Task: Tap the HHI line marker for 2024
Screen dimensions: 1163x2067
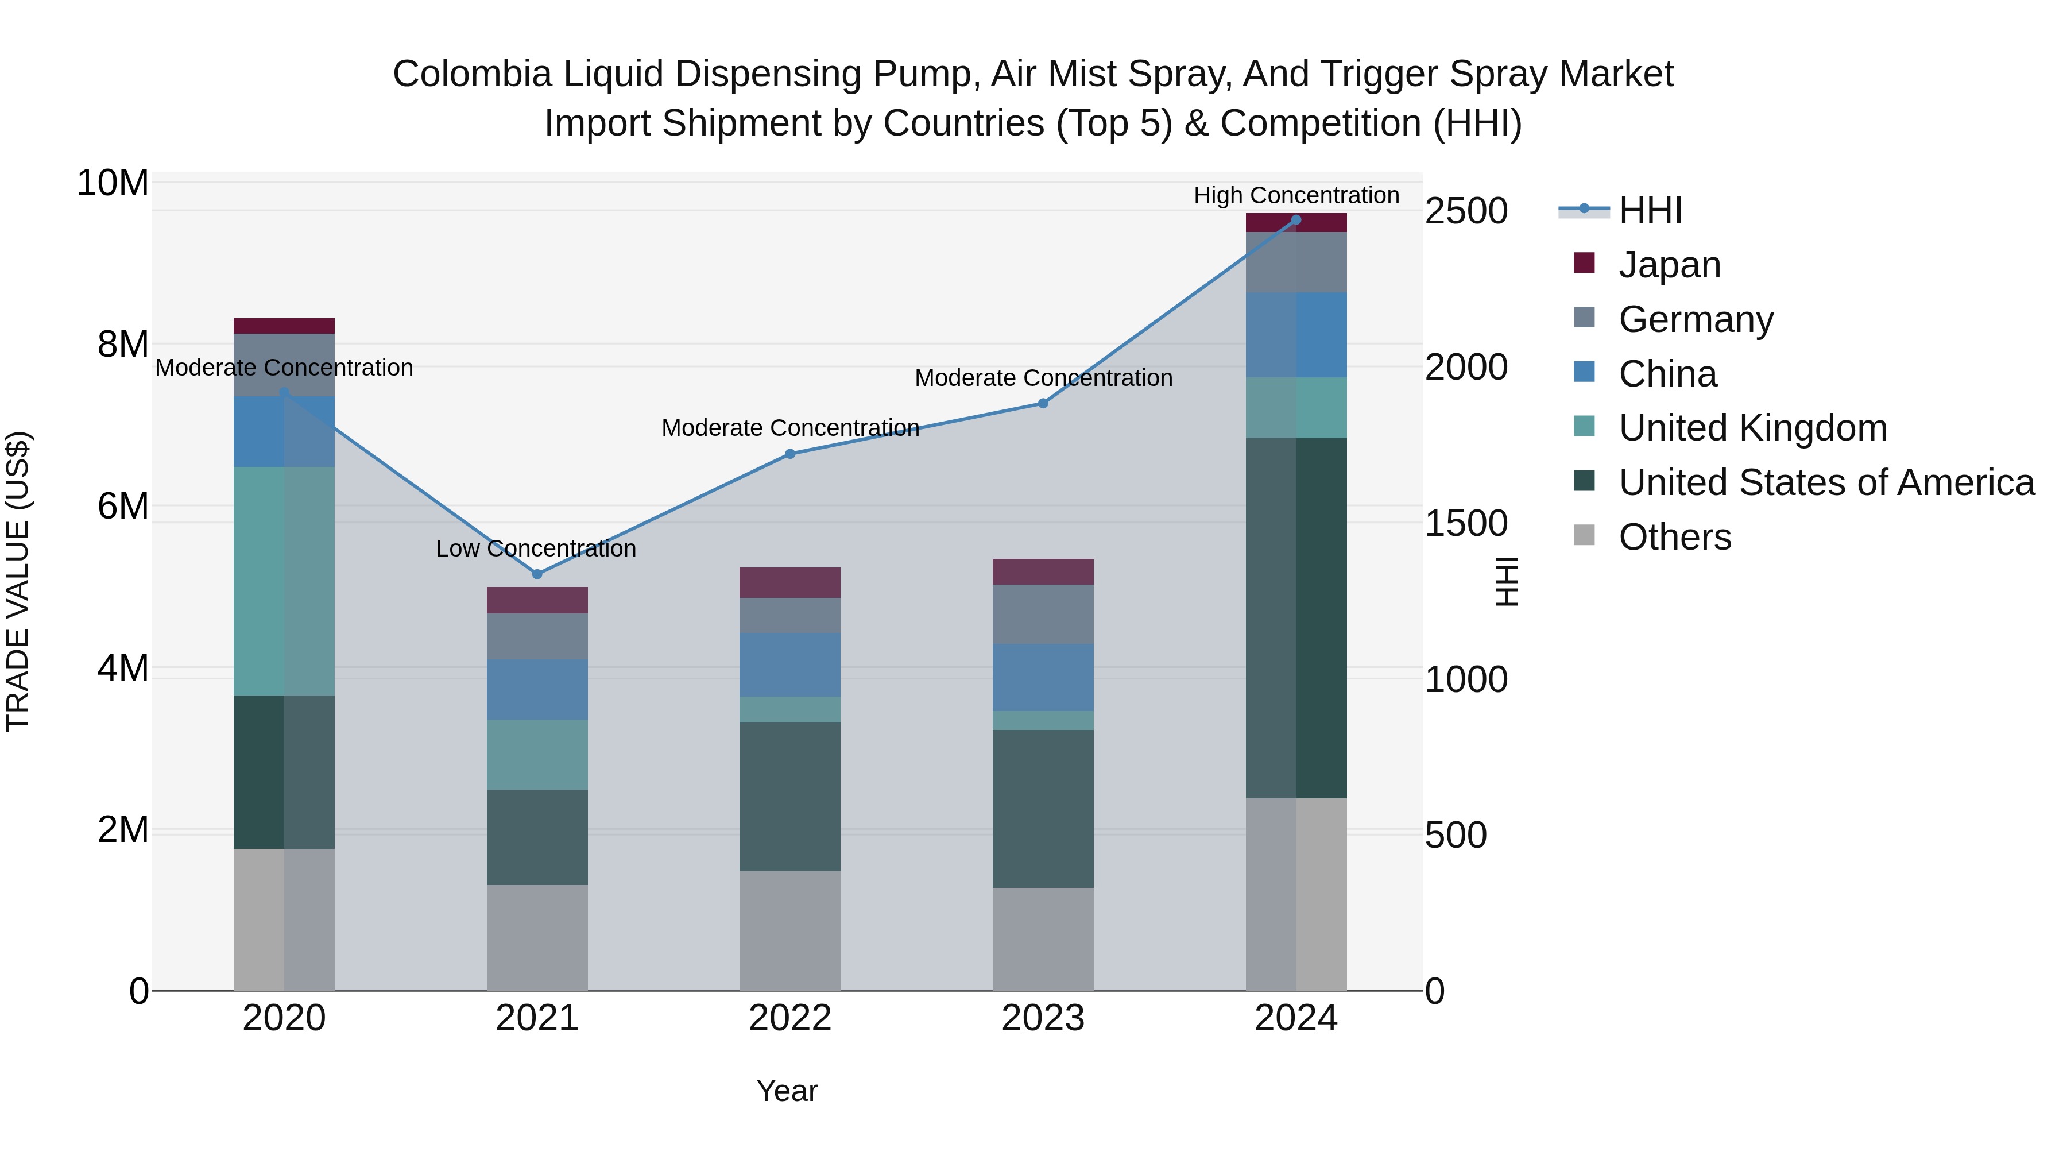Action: pos(1296,220)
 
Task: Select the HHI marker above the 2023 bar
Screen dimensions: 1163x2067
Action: pos(1043,403)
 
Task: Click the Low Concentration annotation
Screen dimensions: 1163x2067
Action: pos(536,549)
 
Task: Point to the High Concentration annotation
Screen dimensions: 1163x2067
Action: pos(1296,195)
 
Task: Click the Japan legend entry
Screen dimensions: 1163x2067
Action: pos(1669,265)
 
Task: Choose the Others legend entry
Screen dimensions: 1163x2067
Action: pos(1675,537)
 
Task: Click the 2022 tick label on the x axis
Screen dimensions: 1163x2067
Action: pos(789,1018)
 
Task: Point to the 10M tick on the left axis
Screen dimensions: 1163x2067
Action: pos(113,183)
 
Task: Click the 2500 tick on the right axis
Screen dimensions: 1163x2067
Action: pos(1466,211)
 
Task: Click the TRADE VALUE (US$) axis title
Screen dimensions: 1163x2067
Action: pos(18,581)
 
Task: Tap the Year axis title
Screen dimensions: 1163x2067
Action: pos(787,1091)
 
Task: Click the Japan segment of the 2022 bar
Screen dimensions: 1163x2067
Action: pos(789,583)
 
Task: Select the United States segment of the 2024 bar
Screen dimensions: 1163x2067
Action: pos(1296,617)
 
